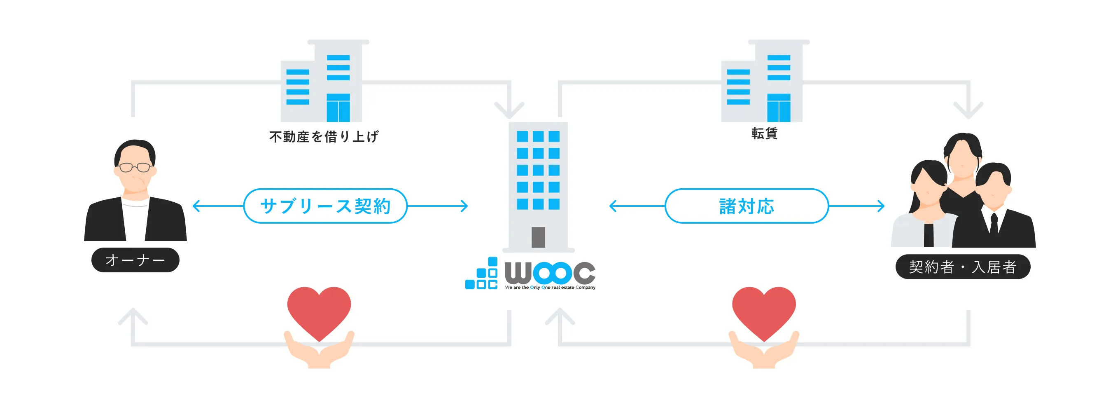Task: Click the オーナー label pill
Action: [135, 260]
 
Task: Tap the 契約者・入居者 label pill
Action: [962, 267]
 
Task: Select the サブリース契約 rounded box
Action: [325, 206]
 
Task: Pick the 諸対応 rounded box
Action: [747, 206]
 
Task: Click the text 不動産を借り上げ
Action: [324, 137]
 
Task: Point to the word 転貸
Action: [764, 133]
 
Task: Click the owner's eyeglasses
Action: [135, 167]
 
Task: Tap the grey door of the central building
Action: [538, 237]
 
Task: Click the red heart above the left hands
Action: [319, 311]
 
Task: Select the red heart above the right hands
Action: [763, 311]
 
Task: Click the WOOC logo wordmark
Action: [550, 272]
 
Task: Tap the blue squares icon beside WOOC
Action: [482, 274]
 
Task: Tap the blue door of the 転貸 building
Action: [779, 108]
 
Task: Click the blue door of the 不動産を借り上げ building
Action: [338, 108]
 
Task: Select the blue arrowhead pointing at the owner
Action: [196, 206]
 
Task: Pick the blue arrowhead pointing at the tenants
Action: [881, 206]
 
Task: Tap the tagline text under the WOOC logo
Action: [550, 288]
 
